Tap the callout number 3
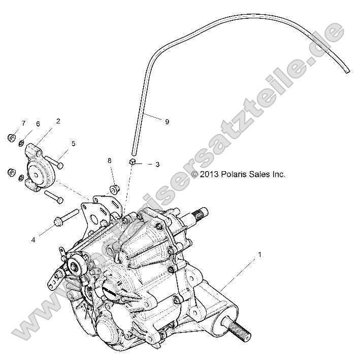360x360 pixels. [x=157, y=165]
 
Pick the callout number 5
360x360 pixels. [x=73, y=144]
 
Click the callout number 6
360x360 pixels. [x=37, y=124]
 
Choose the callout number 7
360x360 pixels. [x=23, y=124]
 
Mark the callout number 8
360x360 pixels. [x=109, y=161]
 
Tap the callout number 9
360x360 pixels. [x=167, y=121]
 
